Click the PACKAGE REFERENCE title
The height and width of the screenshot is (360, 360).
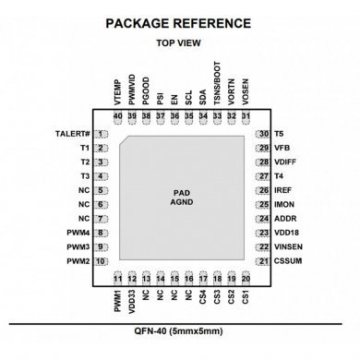(180, 21)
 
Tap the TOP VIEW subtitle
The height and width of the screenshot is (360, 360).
(179, 42)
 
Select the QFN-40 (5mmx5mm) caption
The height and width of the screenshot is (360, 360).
(179, 330)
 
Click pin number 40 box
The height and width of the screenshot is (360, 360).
(117, 115)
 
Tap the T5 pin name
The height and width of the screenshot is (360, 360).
(279, 134)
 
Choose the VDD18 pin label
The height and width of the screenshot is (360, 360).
(286, 234)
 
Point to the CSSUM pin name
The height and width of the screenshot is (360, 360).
(289, 262)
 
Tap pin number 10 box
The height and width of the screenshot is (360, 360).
(101, 262)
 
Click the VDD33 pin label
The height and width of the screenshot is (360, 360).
(132, 304)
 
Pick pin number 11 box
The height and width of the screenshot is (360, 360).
(117, 278)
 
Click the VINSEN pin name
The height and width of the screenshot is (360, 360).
(290, 247)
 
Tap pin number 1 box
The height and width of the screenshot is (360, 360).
(101, 134)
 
